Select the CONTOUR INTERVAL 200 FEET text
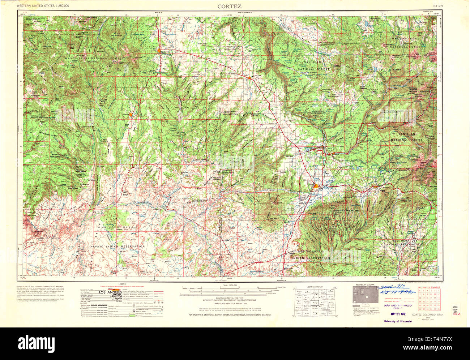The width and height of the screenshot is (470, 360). (x=229, y=297)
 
